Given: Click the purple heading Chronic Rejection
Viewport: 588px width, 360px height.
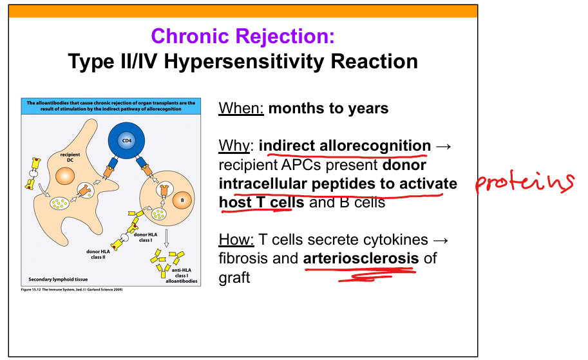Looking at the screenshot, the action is coord(243,36).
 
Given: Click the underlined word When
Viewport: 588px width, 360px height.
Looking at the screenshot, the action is coord(241,108).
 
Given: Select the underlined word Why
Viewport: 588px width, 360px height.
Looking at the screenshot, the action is coord(234,146).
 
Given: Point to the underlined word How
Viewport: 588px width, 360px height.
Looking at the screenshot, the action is coord(236,240).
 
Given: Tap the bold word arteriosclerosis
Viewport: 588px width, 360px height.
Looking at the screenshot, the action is coord(361,258).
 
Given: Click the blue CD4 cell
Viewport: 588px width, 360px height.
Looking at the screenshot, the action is coord(127,140).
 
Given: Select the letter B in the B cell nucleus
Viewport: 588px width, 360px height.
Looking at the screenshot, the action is coord(183,200).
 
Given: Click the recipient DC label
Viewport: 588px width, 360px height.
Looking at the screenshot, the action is coord(70,157).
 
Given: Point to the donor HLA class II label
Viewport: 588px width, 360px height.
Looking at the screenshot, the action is coord(99,254).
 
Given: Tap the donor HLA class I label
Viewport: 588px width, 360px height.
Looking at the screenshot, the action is coord(146,238).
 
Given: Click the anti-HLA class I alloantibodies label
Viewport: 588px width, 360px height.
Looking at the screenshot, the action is coord(182,276).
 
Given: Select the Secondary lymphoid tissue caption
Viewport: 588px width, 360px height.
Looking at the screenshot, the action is coord(58,279).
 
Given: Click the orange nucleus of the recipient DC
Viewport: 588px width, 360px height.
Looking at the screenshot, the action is coord(65,176).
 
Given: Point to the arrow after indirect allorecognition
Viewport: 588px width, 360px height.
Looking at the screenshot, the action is coord(444,146).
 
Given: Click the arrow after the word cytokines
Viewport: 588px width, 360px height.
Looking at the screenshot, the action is coord(441,240).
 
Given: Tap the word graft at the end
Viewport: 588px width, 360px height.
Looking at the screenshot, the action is coord(234,278).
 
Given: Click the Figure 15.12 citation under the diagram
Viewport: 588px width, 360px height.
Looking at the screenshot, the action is coord(71,290).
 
